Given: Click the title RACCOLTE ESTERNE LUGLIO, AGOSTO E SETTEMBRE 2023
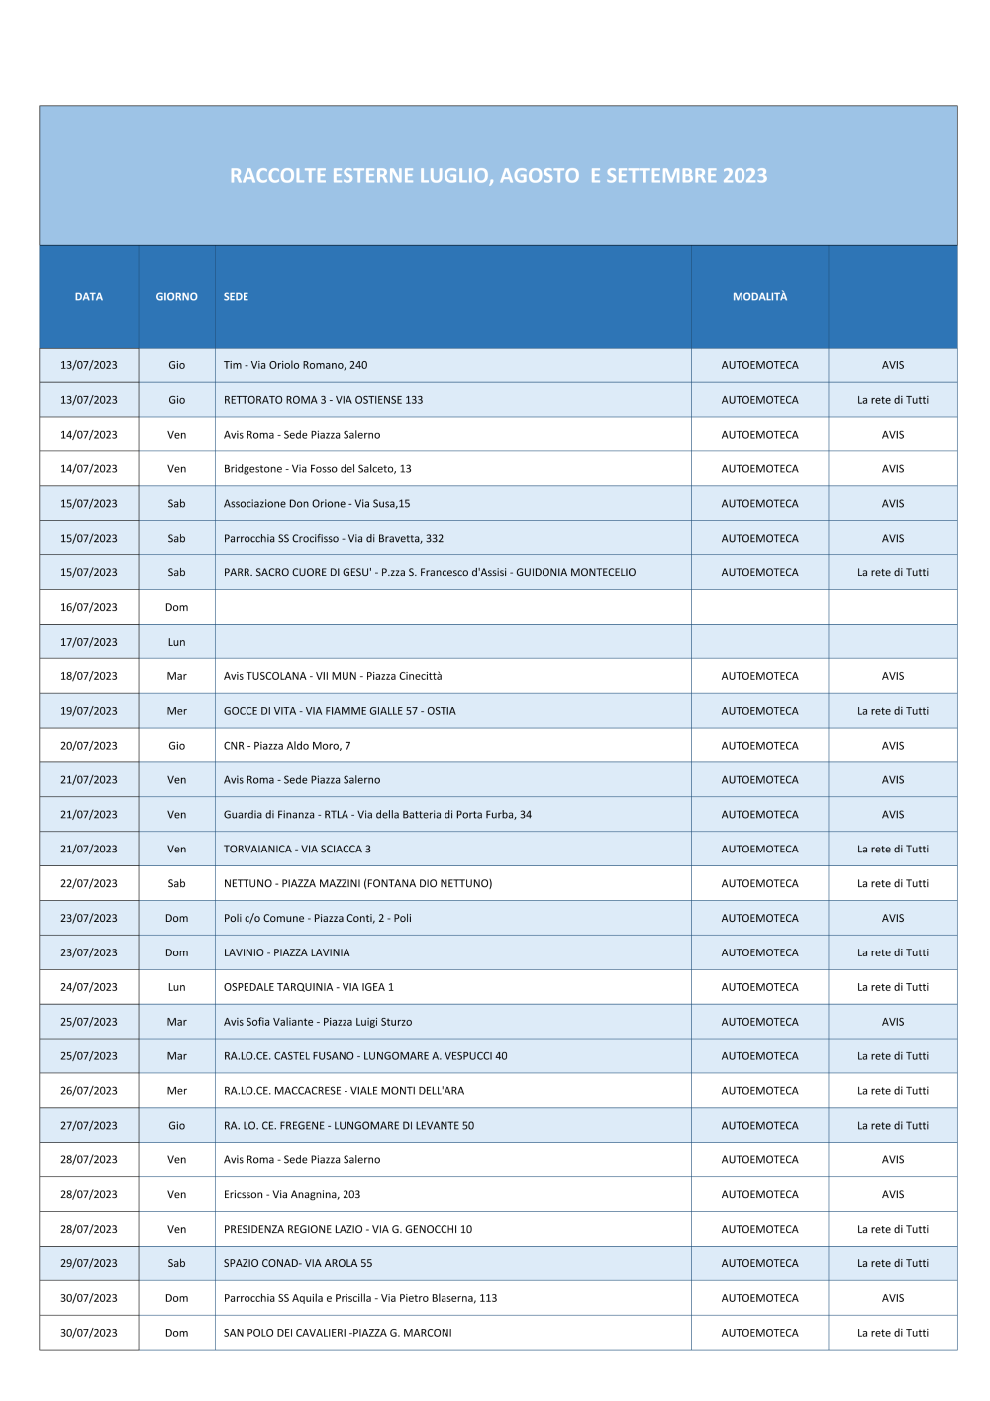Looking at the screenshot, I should coord(498,176).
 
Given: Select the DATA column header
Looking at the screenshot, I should coord(89,297).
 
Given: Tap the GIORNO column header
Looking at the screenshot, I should coord(176,297).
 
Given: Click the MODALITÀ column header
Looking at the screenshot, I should coord(759,297).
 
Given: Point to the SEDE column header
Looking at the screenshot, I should coord(236,297).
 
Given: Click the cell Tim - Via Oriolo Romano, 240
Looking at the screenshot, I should coord(295,365).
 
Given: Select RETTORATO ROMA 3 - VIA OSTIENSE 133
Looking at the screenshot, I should coord(323,400).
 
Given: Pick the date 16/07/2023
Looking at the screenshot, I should coord(89,607).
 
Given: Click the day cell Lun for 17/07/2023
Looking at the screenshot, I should coord(176,642).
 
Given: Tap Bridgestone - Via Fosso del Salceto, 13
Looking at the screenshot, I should coord(317,469).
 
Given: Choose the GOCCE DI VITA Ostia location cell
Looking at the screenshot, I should coord(340,711).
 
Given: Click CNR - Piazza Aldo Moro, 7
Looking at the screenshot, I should coord(287,746).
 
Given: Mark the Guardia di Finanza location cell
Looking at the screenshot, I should coord(377,815).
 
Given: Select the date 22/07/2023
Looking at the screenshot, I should coord(89,883).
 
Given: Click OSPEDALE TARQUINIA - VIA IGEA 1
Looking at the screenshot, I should coord(308,987).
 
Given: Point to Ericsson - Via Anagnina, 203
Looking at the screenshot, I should coord(292,1194).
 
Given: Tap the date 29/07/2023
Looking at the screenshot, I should coord(89,1263).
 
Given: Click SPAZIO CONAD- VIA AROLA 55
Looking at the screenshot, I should coord(298,1263).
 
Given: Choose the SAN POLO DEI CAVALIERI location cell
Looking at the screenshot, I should coord(338,1333).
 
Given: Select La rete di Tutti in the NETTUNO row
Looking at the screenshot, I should coord(893,883).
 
